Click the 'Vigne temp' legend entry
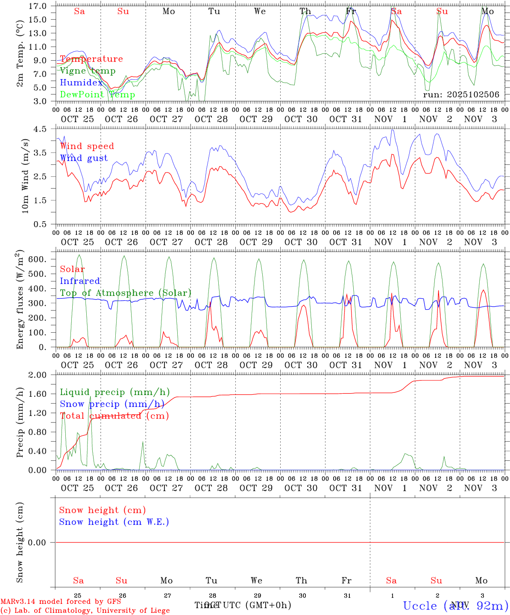(x=88, y=71)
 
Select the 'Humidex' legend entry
(x=81, y=83)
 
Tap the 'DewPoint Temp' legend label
(x=97, y=95)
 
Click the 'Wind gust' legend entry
(x=84, y=158)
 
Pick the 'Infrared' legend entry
(x=80, y=281)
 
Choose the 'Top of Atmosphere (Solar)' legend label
(x=126, y=293)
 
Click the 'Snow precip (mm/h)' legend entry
(x=112, y=404)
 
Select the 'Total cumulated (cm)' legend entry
(x=114, y=416)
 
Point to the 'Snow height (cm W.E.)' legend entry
(x=114, y=522)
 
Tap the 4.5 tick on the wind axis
(x=41, y=129)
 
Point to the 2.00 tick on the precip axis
(x=37, y=375)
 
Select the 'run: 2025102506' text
(x=461, y=95)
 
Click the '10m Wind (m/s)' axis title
(x=25, y=176)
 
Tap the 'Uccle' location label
(x=420, y=606)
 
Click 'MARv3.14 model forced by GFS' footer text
(x=61, y=602)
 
